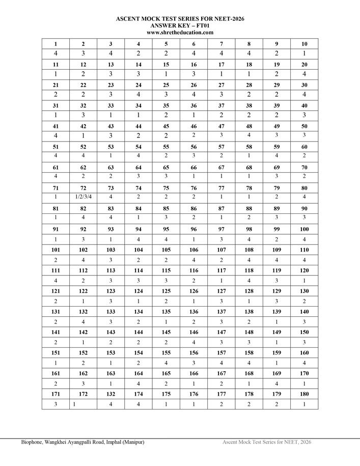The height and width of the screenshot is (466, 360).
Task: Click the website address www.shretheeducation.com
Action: pyautogui.click(x=180, y=32)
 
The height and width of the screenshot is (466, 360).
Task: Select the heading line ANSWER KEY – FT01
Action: pyautogui.click(x=180, y=25)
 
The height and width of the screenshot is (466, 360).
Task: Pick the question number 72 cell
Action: pyautogui.click(x=83, y=188)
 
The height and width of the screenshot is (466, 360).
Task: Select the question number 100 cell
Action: pyautogui.click(x=304, y=229)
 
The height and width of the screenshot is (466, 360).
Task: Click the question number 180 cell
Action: pyautogui.click(x=304, y=394)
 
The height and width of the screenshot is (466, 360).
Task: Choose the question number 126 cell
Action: pyautogui.click(x=193, y=291)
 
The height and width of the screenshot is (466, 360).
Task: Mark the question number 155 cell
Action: pyautogui.click(x=166, y=352)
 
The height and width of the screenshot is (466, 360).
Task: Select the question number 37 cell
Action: pyautogui.click(x=221, y=105)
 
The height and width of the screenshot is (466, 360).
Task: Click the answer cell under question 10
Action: pyautogui.click(x=304, y=53)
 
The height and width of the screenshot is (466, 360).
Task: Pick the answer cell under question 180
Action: pyautogui.click(x=304, y=404)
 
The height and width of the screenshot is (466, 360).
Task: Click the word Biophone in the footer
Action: pyautogui.click(x=33, y=442)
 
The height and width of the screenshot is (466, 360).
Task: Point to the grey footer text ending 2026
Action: pyautogui.click(x=267, y=442)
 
